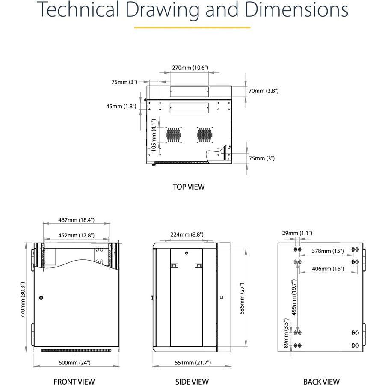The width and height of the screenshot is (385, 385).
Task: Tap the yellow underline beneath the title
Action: pos(192,28)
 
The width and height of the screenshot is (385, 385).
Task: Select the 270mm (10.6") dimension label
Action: pos(190,68)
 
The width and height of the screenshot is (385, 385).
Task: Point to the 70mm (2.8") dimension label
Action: pos(263,91)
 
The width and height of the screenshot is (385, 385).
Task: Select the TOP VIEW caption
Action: pos(189,187)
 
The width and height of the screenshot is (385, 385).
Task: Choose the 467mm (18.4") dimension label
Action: pos(76,220)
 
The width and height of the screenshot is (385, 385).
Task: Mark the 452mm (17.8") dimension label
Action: pos(76,235)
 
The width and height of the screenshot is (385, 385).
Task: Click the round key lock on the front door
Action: pos(41,296)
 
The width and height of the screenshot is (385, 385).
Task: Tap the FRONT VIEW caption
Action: pos(74,382)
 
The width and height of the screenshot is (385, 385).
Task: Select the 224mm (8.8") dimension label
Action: pos(186,234)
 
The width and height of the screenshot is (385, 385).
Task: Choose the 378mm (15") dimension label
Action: pos(327,251)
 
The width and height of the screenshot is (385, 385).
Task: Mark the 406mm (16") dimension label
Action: pos(327,269)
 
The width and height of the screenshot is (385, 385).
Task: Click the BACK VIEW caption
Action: pos(321,382)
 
